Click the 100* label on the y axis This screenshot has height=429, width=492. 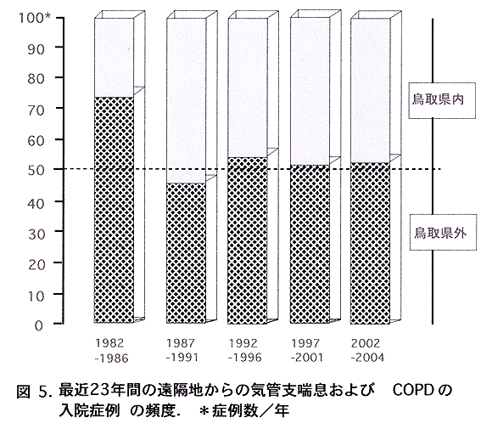(x=35, y=18)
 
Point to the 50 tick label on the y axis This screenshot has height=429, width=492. (x=35, y=170)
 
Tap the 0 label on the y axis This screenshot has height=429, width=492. (x=38, y=326)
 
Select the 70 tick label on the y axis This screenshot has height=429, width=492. (x=35, y=110)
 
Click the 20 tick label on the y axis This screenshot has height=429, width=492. (x=35, y=265)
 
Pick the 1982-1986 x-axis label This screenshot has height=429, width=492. (x=112, y=351)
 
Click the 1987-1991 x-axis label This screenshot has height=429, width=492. (x=182, y=350)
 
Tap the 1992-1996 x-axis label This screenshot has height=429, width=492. (x=245, y=350)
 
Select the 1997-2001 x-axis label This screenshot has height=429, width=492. (x=306, y=350)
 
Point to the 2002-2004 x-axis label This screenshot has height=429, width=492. (x=367, y=350)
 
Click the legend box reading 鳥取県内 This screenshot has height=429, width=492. (x=442, y=100)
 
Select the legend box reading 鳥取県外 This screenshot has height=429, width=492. (x=444, y=233)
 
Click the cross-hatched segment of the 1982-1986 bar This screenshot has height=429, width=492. (x=114, y=210)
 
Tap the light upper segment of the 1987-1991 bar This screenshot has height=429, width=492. (x=186, y=100)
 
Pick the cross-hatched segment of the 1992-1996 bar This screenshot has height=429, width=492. (x=248, y=240)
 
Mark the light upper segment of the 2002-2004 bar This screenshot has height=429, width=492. (x=370, y=91)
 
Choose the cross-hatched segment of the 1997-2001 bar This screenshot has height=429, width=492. (x=310, y=244)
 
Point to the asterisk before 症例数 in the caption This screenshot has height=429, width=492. (x=204, y=411)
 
